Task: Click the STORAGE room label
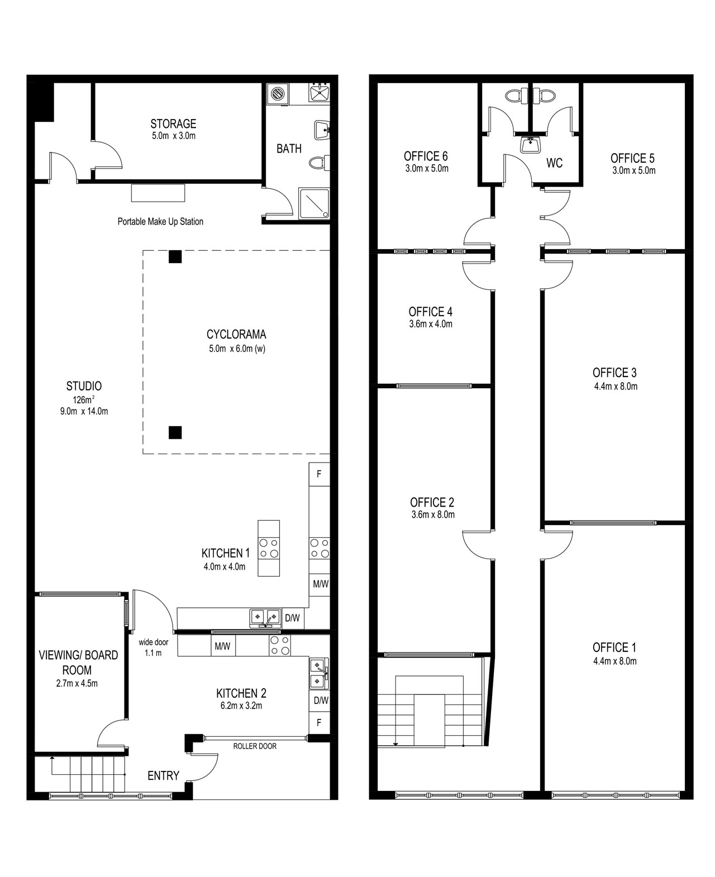tap(173, 124)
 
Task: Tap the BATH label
tap(289, 149)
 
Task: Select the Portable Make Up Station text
tap(160, 222)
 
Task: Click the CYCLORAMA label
tap(236, 335)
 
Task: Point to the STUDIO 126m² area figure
tap(83, 399)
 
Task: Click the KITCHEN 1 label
tap(226, 553)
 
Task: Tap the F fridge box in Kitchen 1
tap(319, 474)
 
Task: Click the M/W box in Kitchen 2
tap(222, 646)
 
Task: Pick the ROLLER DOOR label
tap(255, 746)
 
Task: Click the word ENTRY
tap(163, 775)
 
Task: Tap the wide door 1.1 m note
tap(153, 647)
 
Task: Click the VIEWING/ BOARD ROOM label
tap(78, 662)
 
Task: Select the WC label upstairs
tap(554, 163)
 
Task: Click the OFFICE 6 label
tap(426, 156)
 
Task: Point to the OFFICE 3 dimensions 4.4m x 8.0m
tap(616, 387)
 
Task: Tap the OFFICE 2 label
tap(432, 502)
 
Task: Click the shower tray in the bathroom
tap(314, 203)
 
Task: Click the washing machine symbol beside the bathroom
tap(278, 93)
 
